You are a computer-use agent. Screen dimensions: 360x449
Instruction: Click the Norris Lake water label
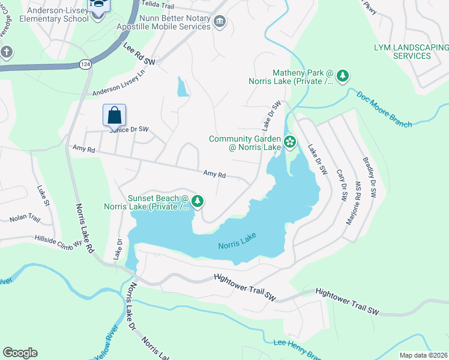[237, 241]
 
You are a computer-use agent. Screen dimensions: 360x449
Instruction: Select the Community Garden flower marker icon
[290, 142]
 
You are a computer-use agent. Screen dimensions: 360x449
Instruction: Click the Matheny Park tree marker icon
[343, 76]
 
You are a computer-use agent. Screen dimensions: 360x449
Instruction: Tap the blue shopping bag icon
[114, 115]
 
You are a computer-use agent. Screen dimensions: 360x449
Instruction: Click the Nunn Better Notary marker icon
[219, 22]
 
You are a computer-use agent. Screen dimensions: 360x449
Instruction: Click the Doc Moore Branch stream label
[384, 109]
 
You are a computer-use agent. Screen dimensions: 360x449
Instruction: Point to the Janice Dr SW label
[128, 129]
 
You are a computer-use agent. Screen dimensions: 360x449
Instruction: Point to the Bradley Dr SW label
[369, 178]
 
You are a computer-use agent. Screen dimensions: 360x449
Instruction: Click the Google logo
[20, 353]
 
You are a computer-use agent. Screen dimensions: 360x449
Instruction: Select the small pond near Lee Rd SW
[182, 88]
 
